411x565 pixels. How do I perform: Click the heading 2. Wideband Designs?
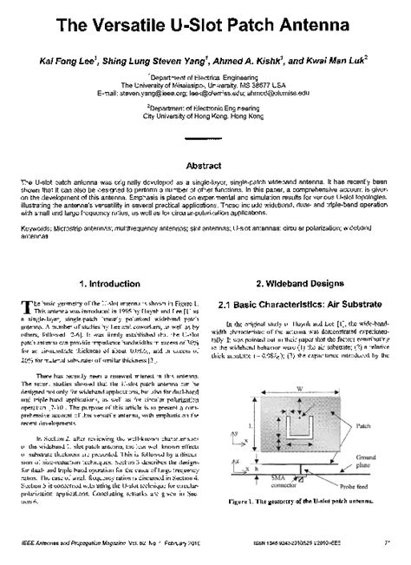(x=300, y=284)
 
